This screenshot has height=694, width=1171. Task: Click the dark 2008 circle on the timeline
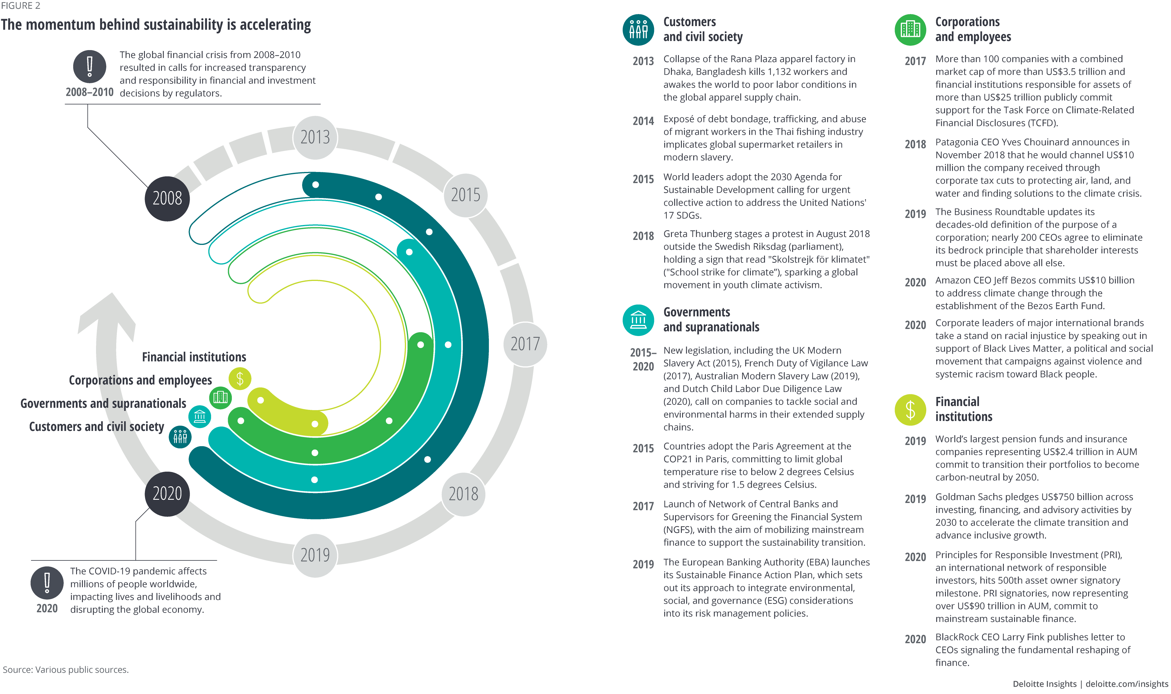(167, 198)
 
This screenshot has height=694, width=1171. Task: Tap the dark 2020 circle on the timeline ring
(167, 494)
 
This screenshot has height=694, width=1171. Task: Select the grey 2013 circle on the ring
(315, 137)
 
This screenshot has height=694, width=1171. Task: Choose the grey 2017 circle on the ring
(525, 344)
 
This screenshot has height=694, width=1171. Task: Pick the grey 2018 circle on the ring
(463, 494)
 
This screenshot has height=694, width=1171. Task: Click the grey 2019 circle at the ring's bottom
(315, 555)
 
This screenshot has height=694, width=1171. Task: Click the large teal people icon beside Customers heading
(638, 30)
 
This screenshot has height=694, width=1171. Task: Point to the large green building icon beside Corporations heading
(910, 30)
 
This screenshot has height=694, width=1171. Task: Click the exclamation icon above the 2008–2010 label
(90, 66)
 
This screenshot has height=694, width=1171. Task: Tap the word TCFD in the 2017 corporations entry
(1042, 123)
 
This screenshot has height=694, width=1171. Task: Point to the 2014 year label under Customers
(643, 121)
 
